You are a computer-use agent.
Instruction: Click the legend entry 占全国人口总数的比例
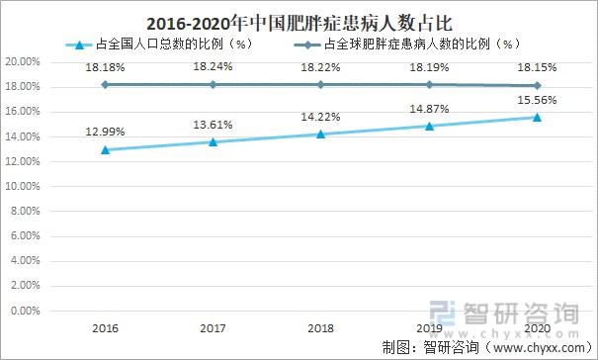point(157,45)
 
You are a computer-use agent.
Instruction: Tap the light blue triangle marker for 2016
point(104,149)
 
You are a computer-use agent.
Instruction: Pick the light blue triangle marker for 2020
point(537,118)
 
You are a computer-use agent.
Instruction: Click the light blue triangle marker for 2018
point(320,134)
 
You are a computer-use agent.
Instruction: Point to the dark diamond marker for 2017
point(213,84)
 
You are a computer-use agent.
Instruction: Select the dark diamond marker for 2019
point(429,84)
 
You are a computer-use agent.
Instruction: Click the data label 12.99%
point(104,134)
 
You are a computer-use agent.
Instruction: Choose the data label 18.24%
point(213,67)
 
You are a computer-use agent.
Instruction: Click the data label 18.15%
point(537,67)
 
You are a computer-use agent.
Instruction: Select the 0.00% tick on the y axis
point(25,311)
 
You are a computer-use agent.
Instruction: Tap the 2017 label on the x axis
point(213,327)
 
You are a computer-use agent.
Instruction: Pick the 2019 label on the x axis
point(429,327)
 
